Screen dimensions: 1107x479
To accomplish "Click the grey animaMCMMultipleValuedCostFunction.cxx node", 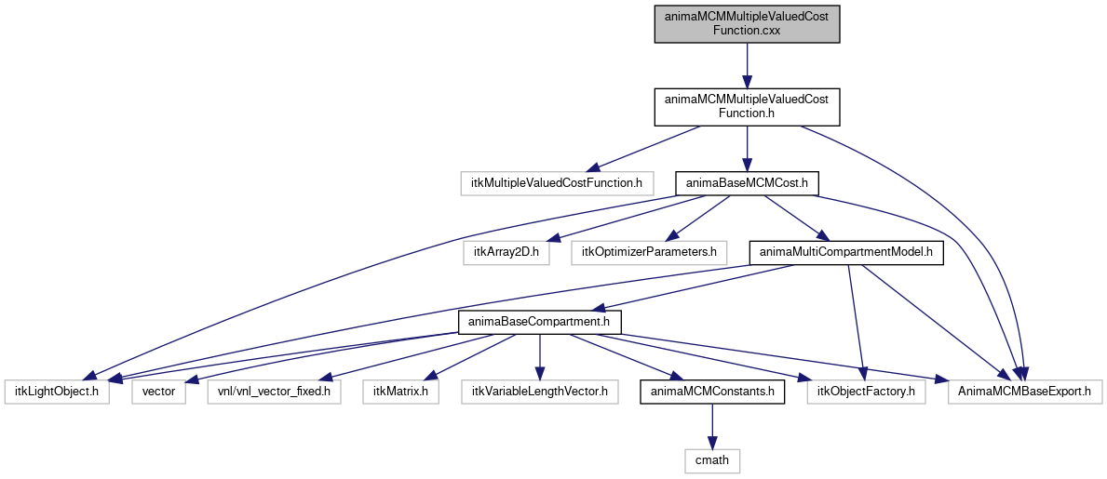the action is tap(747, 25).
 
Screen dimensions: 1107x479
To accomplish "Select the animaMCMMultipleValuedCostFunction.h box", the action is tap(747, 107).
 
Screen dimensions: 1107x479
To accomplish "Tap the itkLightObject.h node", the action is tap(57, 391).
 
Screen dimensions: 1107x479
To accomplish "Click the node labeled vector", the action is tap(159, 391).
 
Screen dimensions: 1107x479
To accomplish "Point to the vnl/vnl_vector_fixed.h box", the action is tap(275, 391).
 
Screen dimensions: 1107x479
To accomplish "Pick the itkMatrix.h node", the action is tap(401, 391).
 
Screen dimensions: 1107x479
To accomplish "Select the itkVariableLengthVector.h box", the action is tap(540, 391).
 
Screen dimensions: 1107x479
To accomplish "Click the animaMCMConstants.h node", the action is tap(712, 391).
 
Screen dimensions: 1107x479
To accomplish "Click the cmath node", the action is tap(712, 460).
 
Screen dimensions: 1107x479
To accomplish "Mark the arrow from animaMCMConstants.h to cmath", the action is tap(712, 426).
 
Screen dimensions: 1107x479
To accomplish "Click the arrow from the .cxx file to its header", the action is tap(747, 66).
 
